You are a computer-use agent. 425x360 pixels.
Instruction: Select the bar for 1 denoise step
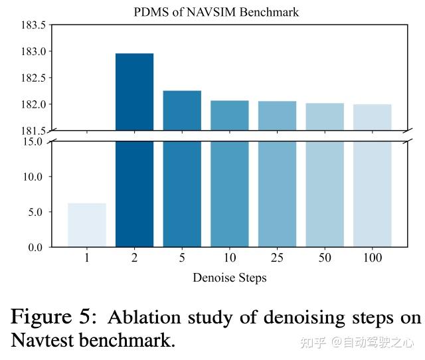86,225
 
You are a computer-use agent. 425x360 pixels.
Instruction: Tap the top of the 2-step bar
134,54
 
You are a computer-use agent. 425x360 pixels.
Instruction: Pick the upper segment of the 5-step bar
182,110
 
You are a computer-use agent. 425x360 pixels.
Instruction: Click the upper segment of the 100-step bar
372,117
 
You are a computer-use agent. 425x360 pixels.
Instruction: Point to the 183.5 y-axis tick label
33,25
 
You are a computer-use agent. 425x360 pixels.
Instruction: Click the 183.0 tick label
33,52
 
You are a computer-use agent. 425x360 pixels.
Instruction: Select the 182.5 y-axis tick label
33,78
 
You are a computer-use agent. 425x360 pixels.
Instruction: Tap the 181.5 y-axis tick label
33,131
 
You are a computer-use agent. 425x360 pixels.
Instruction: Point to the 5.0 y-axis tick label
37,212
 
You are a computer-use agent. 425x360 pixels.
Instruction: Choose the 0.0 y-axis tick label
37,247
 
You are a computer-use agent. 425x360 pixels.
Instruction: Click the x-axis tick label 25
277,258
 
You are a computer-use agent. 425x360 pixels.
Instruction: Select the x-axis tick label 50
325,258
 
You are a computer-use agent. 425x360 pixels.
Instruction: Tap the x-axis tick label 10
229,258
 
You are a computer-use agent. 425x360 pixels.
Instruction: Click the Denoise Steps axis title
229,277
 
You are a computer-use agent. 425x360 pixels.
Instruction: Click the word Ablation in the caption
140,317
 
